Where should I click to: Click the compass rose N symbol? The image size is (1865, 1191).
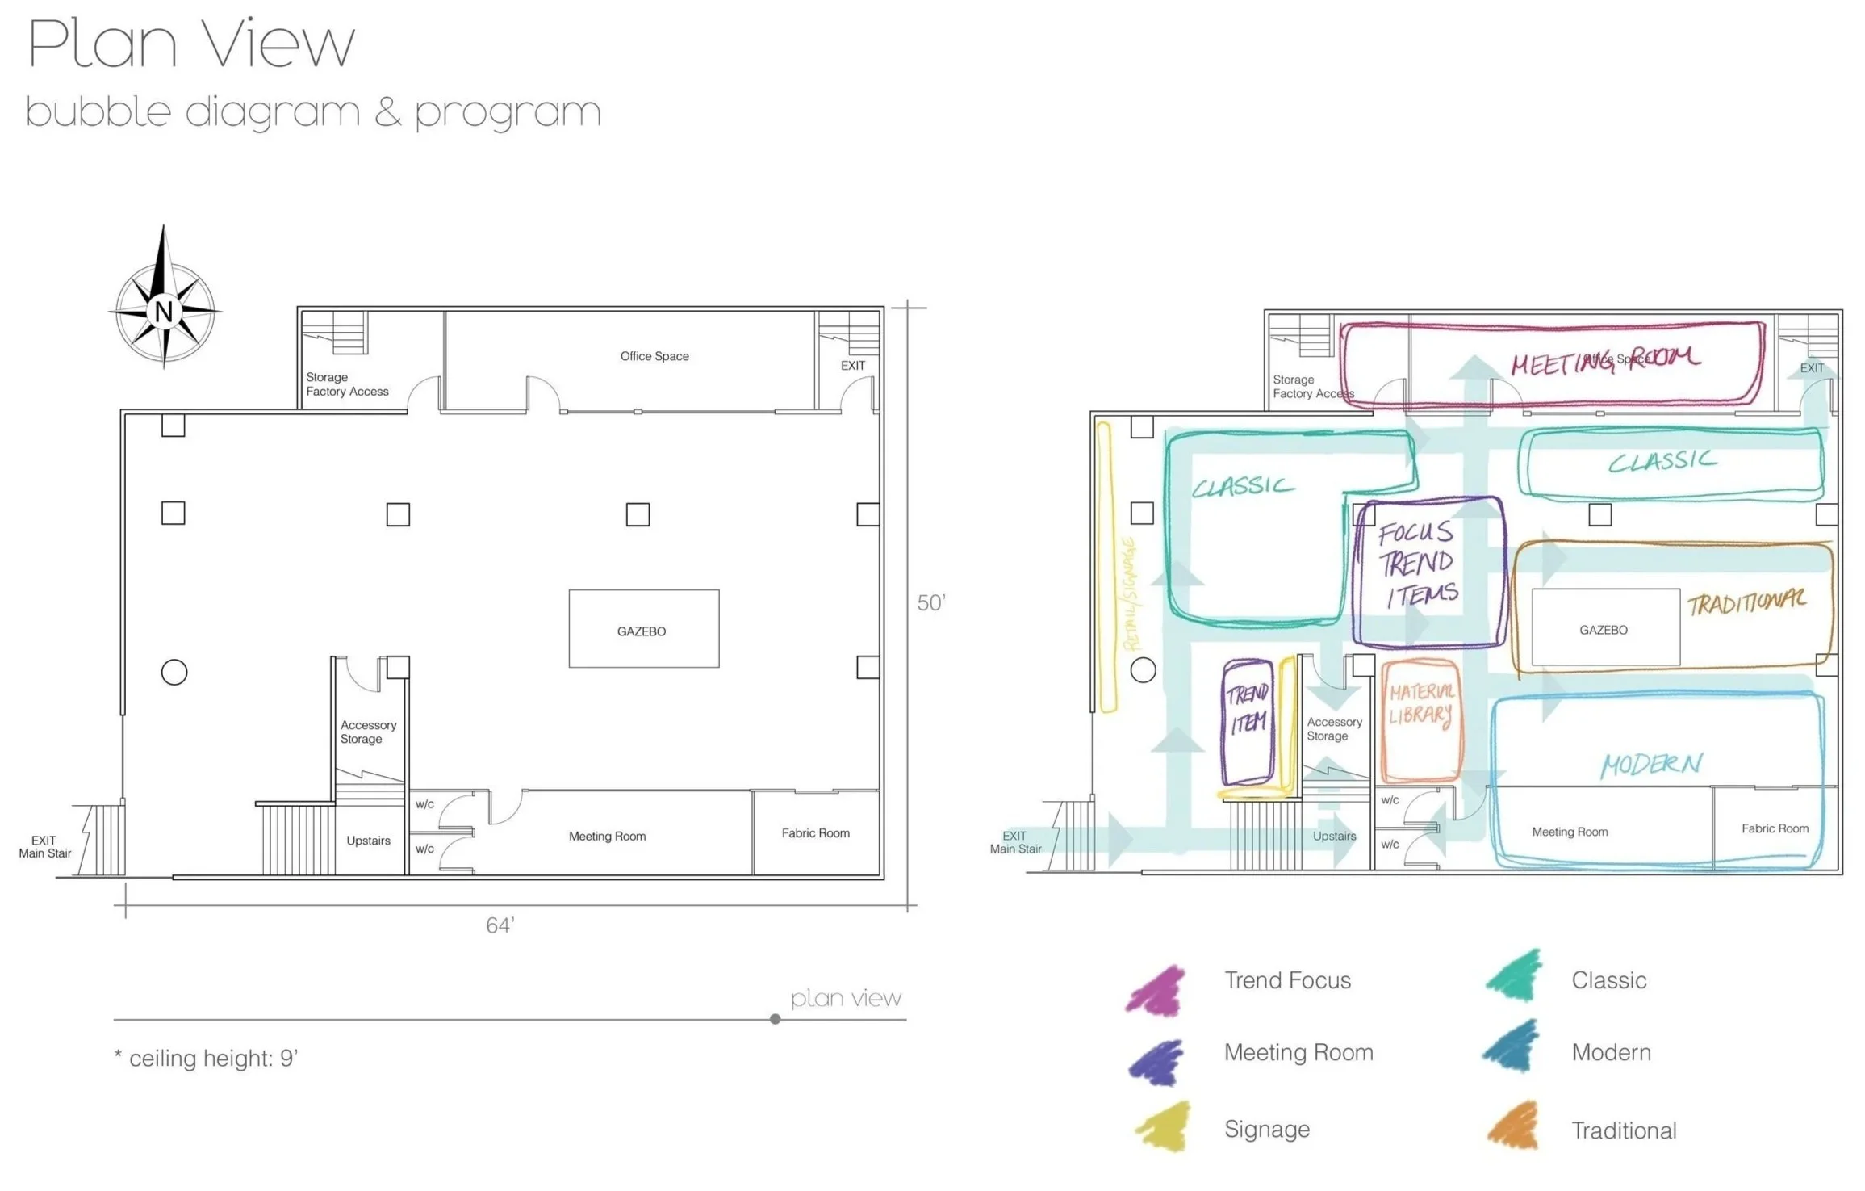tap(165, 311)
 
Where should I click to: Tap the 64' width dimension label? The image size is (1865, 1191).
tap(500, 925)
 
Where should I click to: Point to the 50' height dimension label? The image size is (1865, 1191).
tap(930, 603)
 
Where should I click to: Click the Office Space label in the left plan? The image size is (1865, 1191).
tap(654, 356)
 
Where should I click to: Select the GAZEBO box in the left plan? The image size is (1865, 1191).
tap(643, 629)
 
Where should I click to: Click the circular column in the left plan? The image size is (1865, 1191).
tap(174, 672)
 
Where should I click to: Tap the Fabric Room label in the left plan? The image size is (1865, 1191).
tap(815, 833)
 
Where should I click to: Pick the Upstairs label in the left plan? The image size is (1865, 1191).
tap(368, 841)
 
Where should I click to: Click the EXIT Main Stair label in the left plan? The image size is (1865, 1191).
tap(45, 847)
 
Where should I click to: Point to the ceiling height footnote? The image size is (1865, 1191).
tap(207, 1058)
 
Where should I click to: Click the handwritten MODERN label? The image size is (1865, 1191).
tap(1651, 764)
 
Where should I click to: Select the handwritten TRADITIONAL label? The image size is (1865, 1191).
tap(1746, 602)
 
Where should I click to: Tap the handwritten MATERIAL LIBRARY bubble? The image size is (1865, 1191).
tap(1421, 719)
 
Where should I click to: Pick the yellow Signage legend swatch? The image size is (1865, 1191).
tap(1165, 1127)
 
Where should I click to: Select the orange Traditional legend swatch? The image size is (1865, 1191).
tap(1514, 1126)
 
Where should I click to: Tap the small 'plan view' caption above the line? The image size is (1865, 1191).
tap(845, 999)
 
